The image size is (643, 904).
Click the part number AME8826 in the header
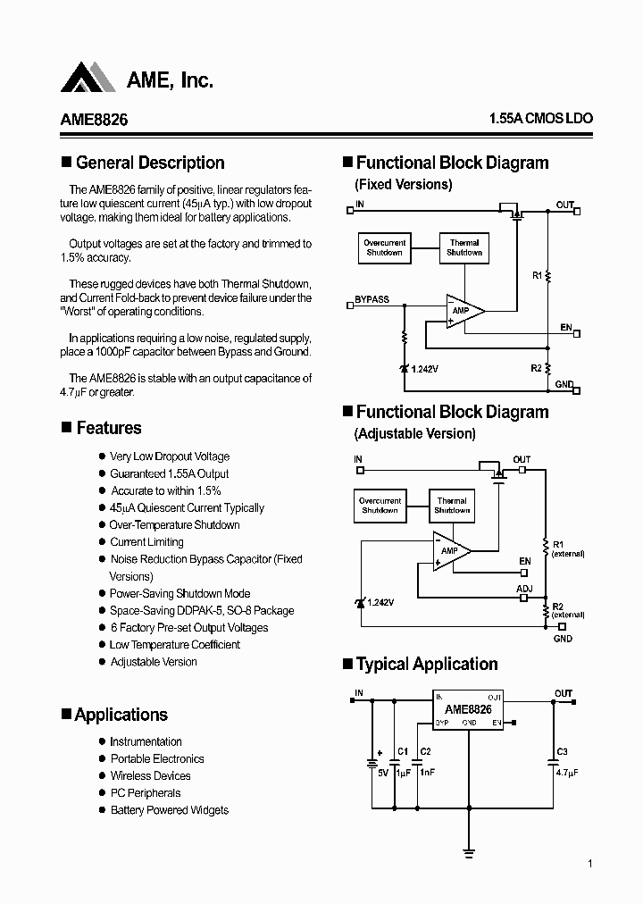(94, 120)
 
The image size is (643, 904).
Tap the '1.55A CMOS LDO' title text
(540, 119)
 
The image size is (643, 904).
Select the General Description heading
(150, 163)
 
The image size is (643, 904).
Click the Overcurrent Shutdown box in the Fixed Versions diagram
(384, 247)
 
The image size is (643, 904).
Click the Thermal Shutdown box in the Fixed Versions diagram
(464, 247)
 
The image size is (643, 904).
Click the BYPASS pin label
(372, 299)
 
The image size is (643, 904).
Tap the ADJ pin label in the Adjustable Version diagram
(524, 589)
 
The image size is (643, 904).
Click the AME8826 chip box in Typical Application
(469, 709)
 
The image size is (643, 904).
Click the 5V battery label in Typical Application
(382, 772)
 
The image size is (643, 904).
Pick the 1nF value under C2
(426, 772)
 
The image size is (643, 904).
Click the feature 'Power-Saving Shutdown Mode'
(180, 594)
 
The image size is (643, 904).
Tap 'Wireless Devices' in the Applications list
(150, 776)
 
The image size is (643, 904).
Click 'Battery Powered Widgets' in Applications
(169, 810)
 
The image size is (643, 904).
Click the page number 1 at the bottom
(590, 864)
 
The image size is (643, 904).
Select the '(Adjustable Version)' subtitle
(415, 434)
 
